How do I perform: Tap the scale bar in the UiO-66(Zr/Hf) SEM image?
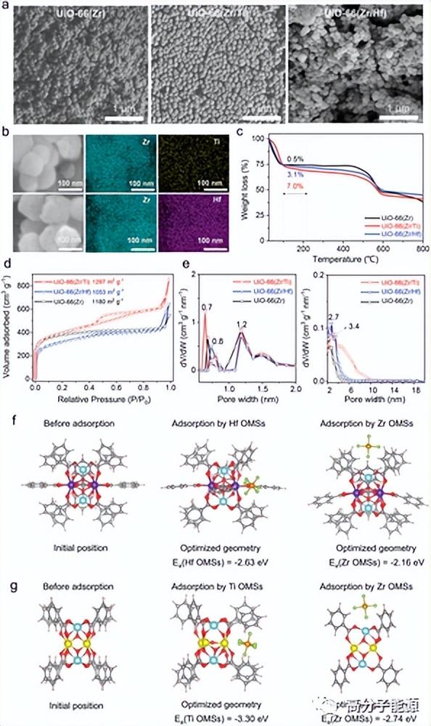[x=398, y=115]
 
